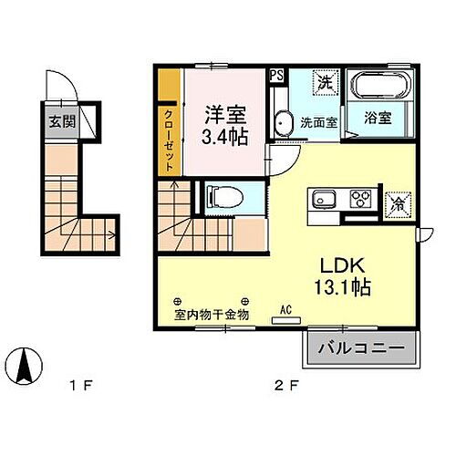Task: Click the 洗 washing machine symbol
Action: [x=326, y=82]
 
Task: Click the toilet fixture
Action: [x=220, y=197]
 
